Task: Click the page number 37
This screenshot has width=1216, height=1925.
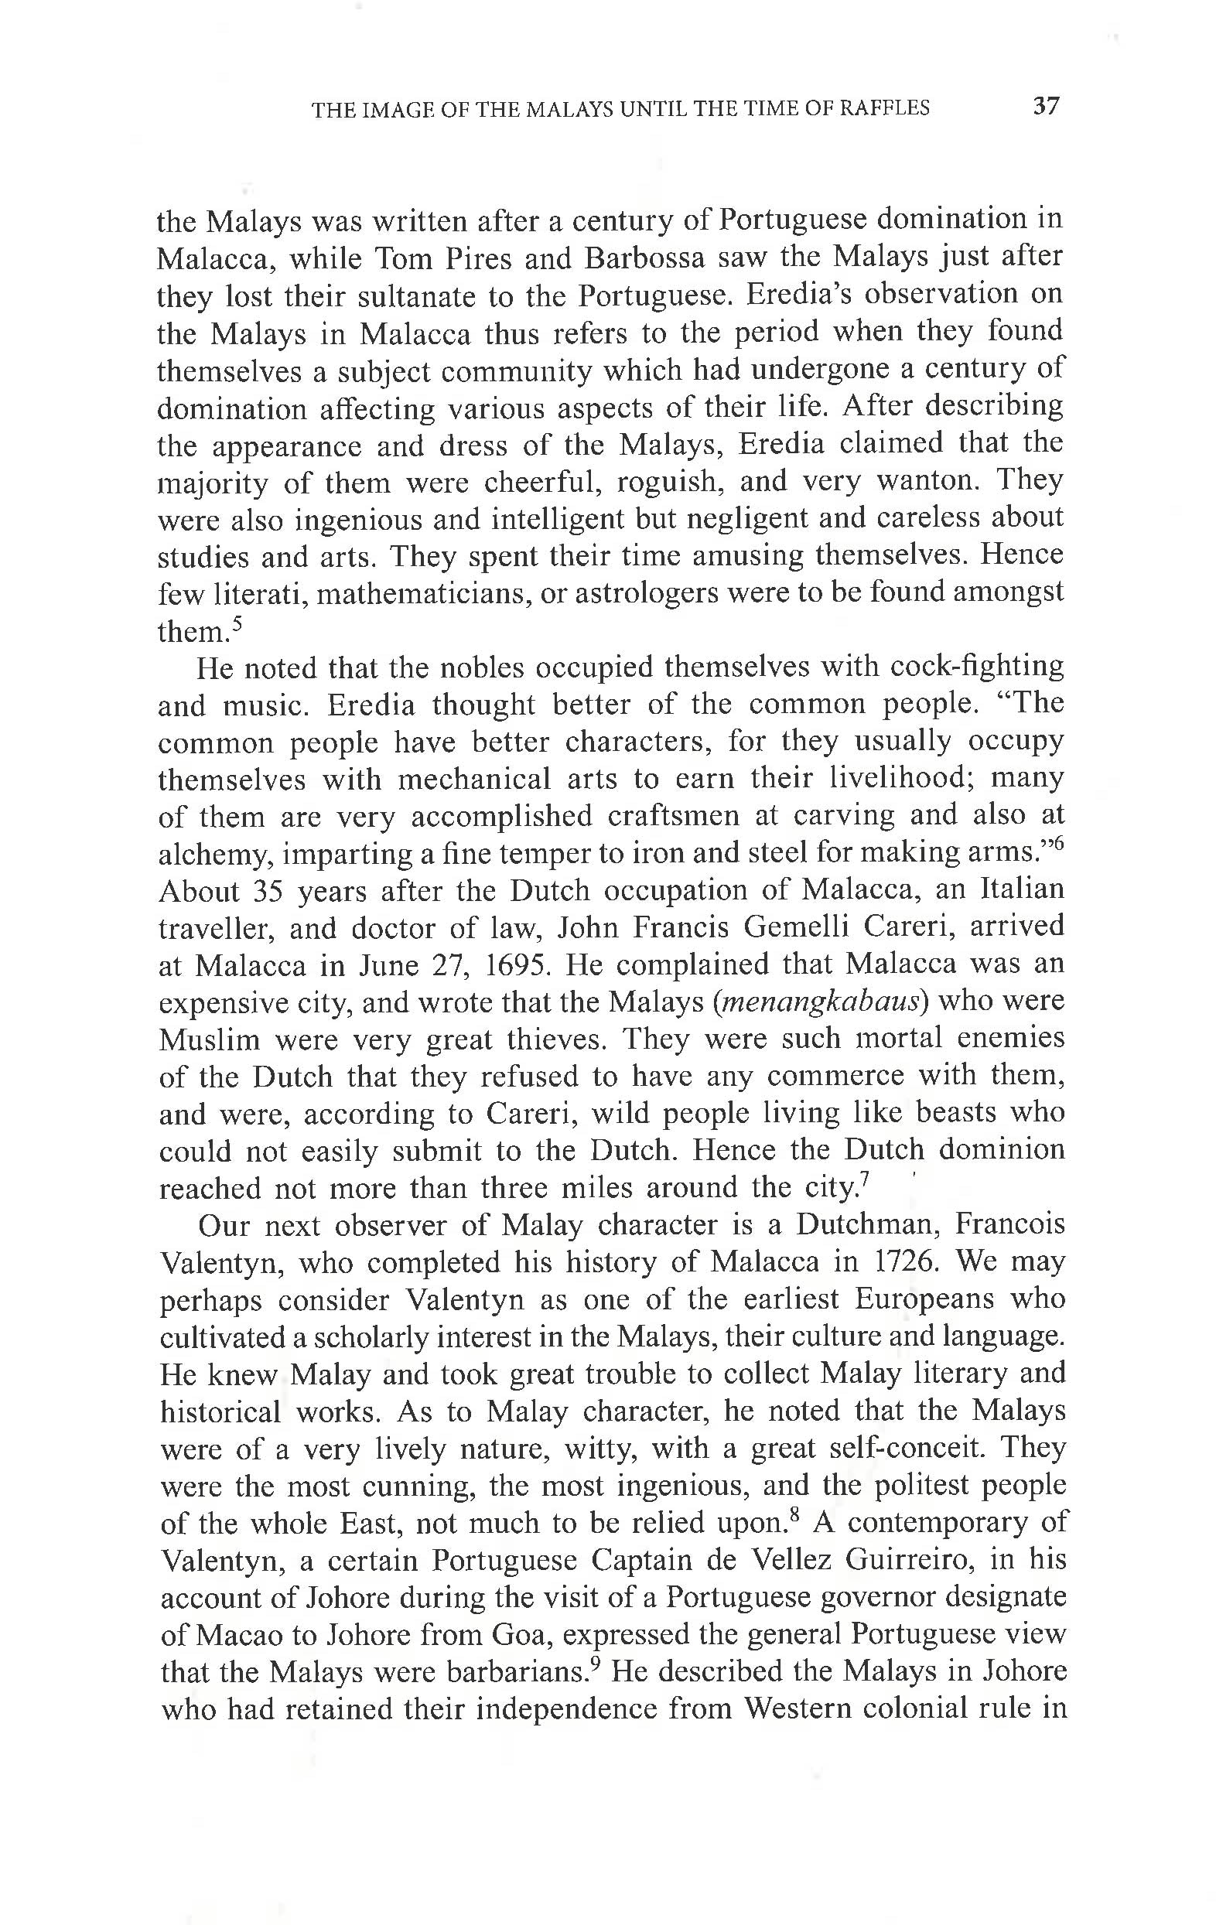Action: coord(1046,106)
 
